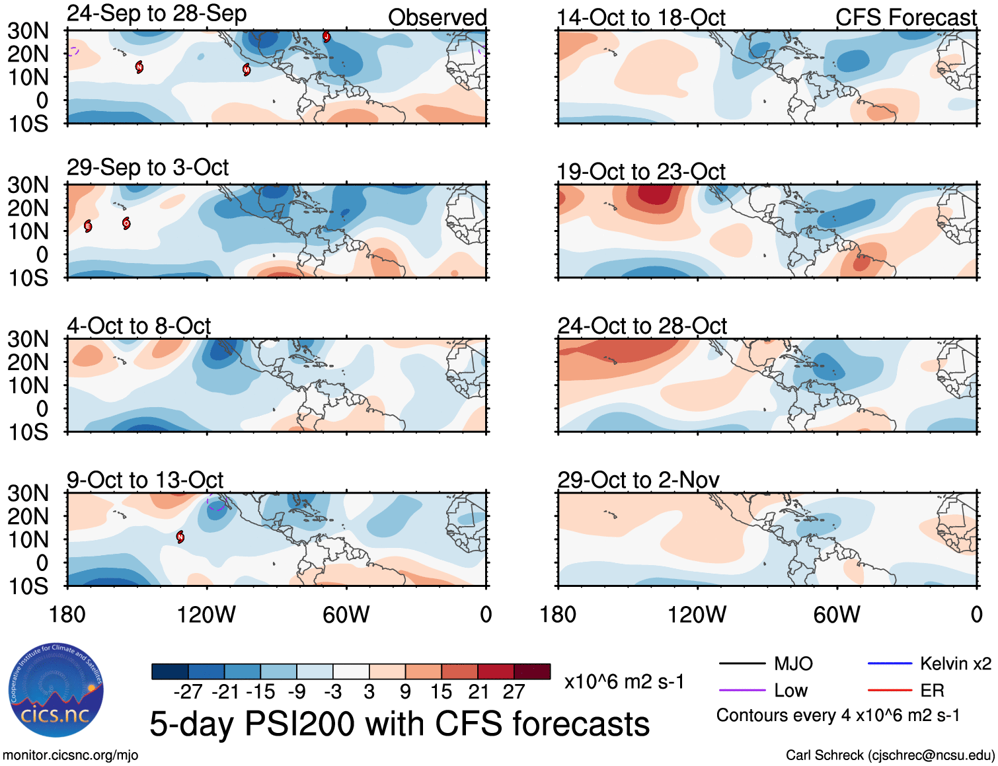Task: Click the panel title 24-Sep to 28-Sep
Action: (157, 13)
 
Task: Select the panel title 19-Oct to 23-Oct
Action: (641, 172)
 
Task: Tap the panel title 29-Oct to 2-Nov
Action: (638, 480)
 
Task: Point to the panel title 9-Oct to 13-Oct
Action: (145, 480)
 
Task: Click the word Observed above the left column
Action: (437, 18)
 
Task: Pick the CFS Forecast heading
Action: (905, 18)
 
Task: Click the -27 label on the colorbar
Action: (188, 691)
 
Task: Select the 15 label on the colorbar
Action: (441, 691)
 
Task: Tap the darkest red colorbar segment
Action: (532, 671)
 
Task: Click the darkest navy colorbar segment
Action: (170, 671)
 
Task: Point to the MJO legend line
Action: (742, 664)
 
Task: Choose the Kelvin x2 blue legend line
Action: (890, 664)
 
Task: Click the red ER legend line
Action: (890, 691)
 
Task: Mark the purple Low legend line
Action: (742, 691)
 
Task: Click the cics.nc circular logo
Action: (56, 690)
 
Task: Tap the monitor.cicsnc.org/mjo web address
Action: (71, 755)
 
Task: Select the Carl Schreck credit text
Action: (890, 755)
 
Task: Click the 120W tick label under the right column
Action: (697, 615)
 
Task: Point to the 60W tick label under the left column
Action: (346, 615)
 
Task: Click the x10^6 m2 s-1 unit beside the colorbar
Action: (624, 681)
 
